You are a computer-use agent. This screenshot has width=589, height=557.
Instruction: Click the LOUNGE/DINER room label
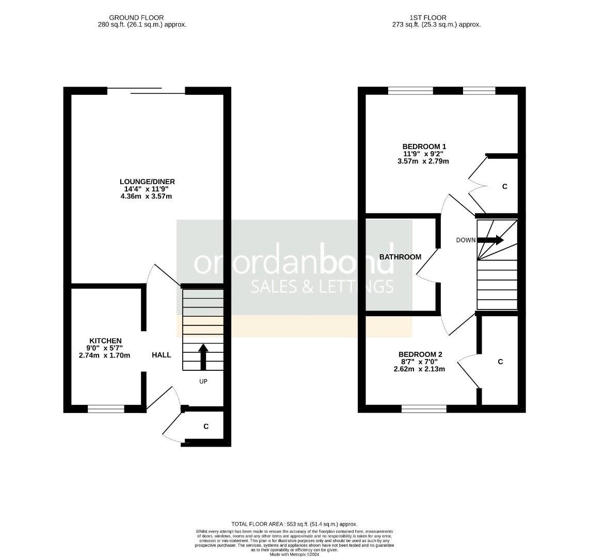147,182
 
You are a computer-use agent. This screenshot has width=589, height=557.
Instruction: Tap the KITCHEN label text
105,341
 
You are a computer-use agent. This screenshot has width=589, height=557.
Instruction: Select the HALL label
162,355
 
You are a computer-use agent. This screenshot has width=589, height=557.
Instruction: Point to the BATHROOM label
401,257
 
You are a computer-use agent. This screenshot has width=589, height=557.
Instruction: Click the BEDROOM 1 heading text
424,147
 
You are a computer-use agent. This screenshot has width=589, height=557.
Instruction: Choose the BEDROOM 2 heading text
420,355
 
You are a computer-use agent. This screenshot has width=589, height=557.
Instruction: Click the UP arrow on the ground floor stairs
203,356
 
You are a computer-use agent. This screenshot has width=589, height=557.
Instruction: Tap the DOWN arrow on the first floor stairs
490,240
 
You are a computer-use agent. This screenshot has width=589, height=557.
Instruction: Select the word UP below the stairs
203,382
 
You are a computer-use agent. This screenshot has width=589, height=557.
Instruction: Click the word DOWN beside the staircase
466,240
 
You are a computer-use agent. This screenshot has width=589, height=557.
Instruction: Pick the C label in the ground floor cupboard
206,427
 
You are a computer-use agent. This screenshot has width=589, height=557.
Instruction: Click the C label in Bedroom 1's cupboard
505,187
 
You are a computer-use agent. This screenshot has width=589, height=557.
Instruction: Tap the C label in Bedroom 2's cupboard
500,362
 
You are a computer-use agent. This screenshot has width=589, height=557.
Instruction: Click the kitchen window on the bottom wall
106,409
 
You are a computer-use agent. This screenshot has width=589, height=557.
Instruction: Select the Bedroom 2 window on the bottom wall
424,409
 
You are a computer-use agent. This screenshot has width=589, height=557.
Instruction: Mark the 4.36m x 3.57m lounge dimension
146,196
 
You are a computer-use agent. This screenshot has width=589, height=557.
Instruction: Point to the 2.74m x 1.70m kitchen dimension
104,355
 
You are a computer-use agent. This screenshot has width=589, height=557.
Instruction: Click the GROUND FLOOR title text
136,18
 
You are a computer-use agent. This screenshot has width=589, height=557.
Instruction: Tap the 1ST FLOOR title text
428,18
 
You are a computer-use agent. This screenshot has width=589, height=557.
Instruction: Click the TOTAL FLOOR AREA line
294,525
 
